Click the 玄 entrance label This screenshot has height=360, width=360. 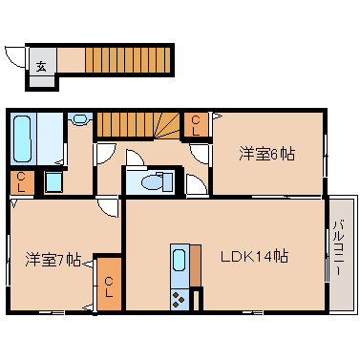41,67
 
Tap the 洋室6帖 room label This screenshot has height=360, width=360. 266,154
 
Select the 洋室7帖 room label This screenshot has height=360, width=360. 53,260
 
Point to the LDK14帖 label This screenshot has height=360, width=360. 255,257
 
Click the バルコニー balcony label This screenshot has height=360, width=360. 338,248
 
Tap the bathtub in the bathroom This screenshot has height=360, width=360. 23,138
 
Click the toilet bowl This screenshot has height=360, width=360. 152,183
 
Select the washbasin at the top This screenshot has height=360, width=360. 79,119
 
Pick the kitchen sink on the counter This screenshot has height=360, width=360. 180,260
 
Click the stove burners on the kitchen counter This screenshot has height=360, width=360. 180,300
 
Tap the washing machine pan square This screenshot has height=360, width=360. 53,181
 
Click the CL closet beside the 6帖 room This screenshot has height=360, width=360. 196,125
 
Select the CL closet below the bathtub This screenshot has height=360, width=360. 22,182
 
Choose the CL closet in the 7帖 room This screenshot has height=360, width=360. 109,284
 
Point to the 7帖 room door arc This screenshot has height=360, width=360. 107,209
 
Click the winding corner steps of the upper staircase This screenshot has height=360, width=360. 168,126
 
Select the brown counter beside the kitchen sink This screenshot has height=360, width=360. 196,265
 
